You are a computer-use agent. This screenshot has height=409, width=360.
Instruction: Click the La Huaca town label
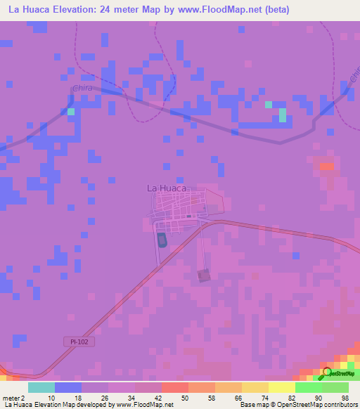[x=166, y=188]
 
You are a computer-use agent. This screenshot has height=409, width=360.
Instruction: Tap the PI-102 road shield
[x=82, y=341]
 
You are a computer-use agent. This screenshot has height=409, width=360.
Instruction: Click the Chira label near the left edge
[x=83, y=89]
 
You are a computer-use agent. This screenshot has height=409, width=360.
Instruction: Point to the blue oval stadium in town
[x=162, y=240]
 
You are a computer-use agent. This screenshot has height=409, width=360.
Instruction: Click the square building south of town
[x=204, y=275]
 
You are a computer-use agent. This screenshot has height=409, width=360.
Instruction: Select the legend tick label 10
[x=51, y=397]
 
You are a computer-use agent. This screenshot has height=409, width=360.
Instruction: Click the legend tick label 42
[x=159, y=397]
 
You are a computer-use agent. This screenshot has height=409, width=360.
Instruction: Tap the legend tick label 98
[x=345, y=397]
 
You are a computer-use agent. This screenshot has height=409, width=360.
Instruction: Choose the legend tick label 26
[x=105, y=397]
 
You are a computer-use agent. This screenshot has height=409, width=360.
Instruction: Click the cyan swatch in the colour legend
[x=41, y=387]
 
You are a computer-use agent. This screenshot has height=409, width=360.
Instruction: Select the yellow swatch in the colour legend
[x=281, y=387]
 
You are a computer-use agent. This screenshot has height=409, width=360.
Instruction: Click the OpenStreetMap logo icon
[x=327, y=373]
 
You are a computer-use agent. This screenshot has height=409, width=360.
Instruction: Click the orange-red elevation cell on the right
[x=327, y=167]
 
